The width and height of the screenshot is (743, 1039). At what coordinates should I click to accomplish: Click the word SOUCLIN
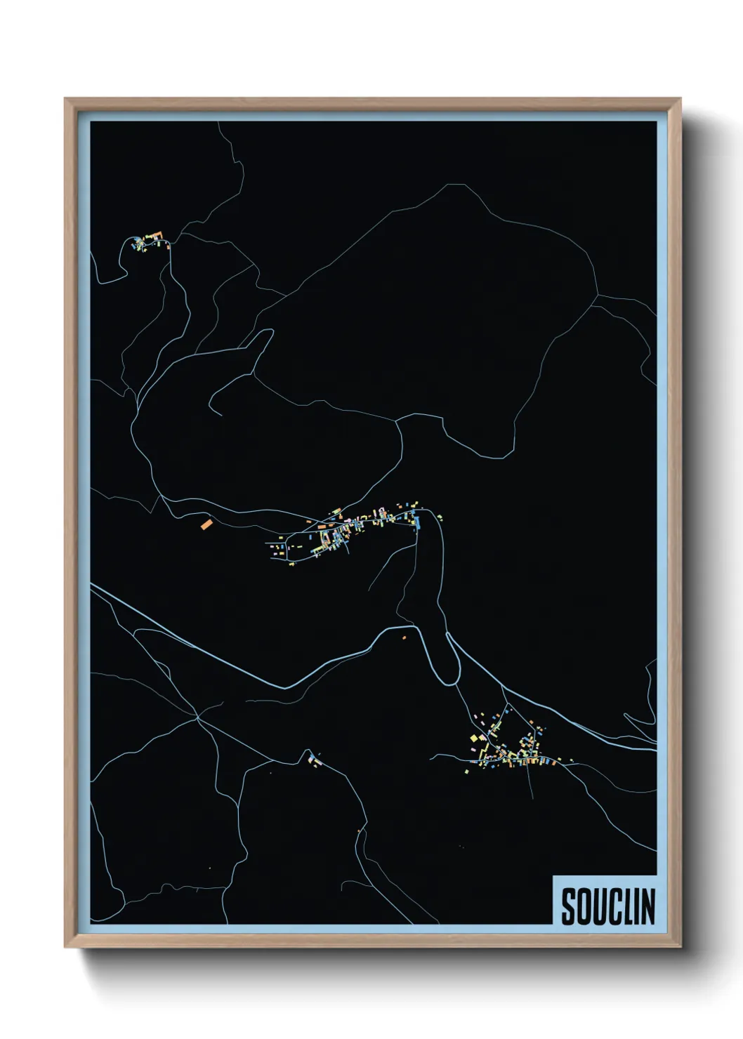point(607,906)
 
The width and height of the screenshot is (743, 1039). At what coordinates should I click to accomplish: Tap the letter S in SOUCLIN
point(568,906)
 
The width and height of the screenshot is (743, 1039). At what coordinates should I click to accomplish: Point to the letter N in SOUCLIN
point(647,906)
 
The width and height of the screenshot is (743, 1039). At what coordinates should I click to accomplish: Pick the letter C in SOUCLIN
point(611,906)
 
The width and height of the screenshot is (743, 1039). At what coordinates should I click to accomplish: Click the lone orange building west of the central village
point(206,524)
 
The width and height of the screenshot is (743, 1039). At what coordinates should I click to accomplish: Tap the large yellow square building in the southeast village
point(475,738)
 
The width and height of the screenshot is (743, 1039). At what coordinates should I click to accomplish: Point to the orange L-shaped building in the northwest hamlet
point(157,234)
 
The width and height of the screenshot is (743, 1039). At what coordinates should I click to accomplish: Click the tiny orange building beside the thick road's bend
point(404,637)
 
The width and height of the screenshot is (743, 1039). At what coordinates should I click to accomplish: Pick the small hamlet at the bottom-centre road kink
point(312,759)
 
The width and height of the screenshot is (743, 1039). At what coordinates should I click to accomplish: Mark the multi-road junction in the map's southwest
point(199,717)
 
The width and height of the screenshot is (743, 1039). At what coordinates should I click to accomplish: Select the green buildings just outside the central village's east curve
point(440,518)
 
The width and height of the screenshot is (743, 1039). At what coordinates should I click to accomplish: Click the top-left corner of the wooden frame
point(65,99)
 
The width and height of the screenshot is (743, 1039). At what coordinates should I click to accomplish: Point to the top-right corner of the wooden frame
point(680,99)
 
